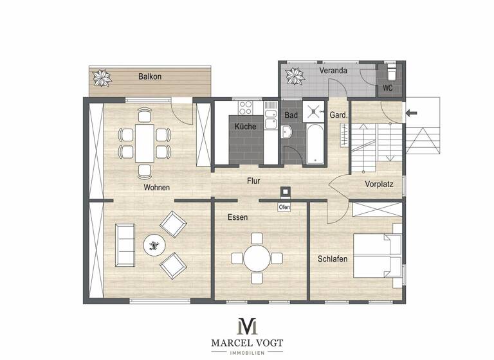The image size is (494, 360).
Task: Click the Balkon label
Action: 150,76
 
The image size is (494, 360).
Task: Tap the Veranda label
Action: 333,70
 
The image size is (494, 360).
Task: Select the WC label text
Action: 388,88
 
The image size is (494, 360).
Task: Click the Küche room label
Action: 245,126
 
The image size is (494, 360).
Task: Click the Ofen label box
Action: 284,207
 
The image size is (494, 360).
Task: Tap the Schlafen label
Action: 333,259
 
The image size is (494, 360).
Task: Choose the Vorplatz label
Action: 379,183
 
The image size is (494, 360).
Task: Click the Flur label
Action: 253,181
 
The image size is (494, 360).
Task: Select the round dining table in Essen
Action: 257,258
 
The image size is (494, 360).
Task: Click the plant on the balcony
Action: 101,78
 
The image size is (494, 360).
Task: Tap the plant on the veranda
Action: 295,76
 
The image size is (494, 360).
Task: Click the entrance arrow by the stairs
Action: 412,113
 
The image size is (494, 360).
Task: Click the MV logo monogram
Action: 247,325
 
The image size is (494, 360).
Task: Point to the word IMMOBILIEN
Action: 247,351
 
